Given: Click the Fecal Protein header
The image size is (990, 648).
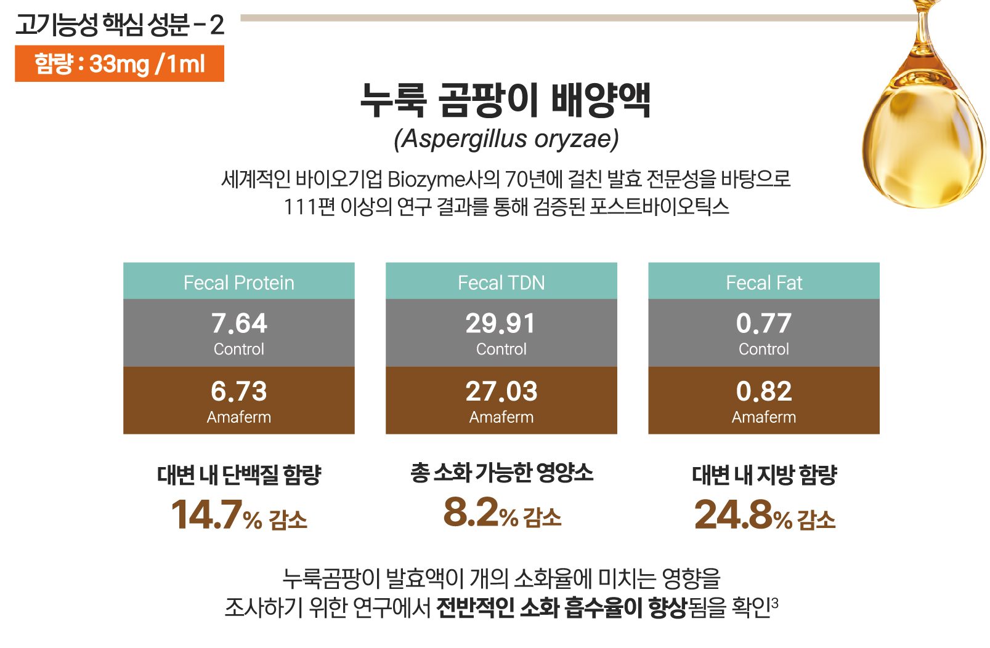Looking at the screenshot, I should (x=239, y=282).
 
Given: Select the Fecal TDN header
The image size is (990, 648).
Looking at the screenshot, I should (x=501, y=282).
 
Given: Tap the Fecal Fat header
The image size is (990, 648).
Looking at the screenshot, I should (x=764, y=282).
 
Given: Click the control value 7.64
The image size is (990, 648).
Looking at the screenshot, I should (x=239, y=324).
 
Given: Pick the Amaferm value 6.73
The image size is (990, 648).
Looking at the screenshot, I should (x=239, y=391).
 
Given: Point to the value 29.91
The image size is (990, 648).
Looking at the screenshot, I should (x=501, y=324).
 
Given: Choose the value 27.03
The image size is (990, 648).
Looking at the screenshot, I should (x=501, y=391).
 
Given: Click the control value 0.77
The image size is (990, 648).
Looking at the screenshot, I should (x=764, y=324).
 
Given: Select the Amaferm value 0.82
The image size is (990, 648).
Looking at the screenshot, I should (x=764, y=391).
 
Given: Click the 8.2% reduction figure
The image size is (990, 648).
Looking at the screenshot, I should (x=501, y=513).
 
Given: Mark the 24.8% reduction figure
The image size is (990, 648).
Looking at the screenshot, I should (x=764, y=515).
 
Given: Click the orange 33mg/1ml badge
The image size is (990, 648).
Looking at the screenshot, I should (x=120, y=63).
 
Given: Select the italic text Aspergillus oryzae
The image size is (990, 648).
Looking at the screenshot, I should (x=506, y=139).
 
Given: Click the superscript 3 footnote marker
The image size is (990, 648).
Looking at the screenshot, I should (x=775, y=602).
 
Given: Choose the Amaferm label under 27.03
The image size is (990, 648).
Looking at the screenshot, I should (x=501, y=417).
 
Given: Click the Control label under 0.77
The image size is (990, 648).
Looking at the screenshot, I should (x=764, y=350).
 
